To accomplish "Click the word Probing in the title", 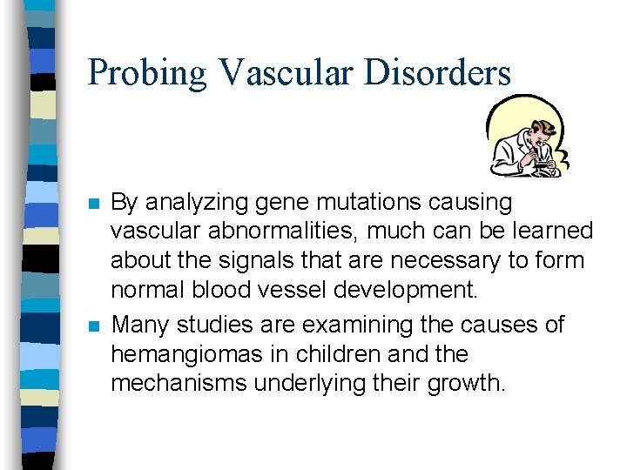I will [147, 73].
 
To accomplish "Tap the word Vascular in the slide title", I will [289, 73].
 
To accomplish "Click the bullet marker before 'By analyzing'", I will [94, 204].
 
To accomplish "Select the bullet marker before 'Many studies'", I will [94, 326].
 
